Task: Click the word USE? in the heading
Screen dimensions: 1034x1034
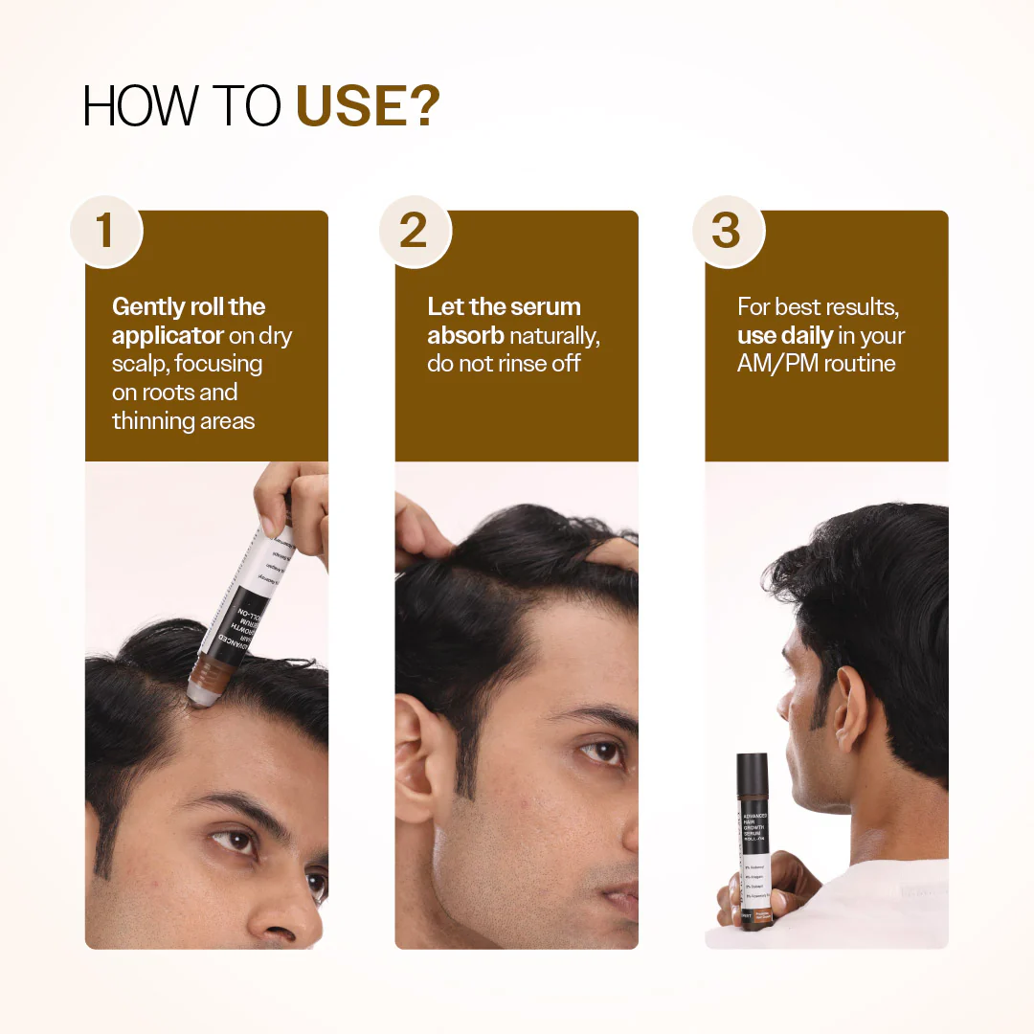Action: pos(368,107)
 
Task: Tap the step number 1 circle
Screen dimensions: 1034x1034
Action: pos(105,231)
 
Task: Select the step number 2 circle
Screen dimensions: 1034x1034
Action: pos(415,231)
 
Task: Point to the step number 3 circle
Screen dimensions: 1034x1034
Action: pos(727,231)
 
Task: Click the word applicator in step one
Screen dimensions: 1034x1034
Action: pos(168,336)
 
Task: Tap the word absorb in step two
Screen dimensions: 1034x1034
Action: pos(465,336)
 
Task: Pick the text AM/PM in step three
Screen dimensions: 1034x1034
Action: pos(776,364)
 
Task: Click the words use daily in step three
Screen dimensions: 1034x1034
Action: pos(784,336)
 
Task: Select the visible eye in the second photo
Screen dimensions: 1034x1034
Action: pos(600,753)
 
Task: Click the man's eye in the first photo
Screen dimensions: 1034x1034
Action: pos(236,842)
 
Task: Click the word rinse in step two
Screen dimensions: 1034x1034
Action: pos(521,364)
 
